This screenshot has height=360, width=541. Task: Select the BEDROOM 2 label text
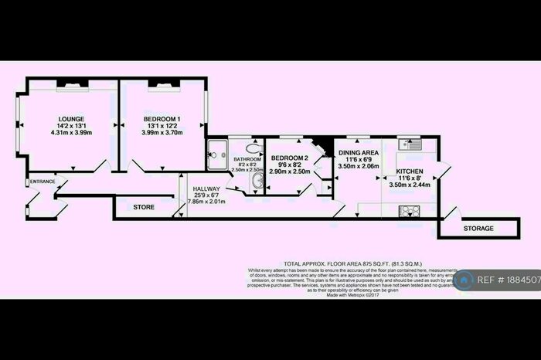(x=290, y=158)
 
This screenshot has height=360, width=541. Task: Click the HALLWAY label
(x=206, y=188)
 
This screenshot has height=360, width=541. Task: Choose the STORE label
(x=144, y=207)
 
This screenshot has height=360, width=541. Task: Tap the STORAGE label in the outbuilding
(x=479, y=229)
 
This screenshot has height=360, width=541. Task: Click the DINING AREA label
(x=358, y=153)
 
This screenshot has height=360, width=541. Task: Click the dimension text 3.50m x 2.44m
(x=408, y=185)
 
